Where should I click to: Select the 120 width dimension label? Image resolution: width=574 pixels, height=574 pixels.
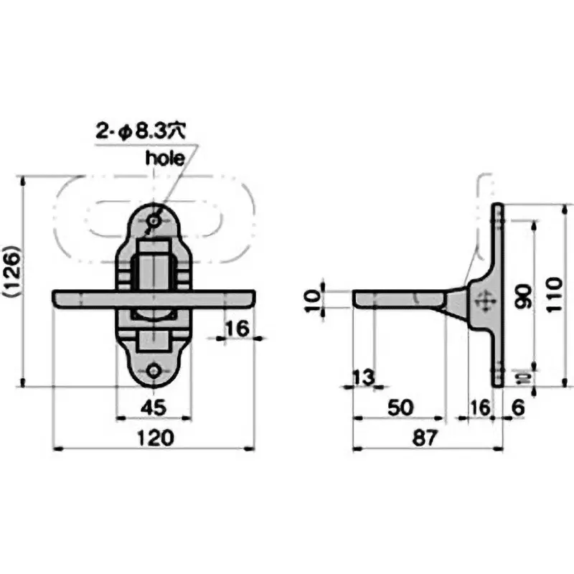(155, 438)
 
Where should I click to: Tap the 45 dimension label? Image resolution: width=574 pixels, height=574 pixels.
(154, 408)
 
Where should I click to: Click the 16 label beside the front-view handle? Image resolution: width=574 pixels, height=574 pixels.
(237, 329)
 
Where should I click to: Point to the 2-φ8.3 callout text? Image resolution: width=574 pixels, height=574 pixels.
(141, 131)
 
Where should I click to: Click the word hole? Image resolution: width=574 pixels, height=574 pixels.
(165, 158)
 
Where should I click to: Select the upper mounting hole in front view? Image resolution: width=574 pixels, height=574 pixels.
(154, 221)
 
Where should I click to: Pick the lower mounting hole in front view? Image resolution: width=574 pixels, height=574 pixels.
(154, 371)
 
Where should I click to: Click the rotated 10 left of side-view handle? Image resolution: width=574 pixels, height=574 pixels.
(312, 300)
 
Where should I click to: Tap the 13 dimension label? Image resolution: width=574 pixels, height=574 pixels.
(364, 377)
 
